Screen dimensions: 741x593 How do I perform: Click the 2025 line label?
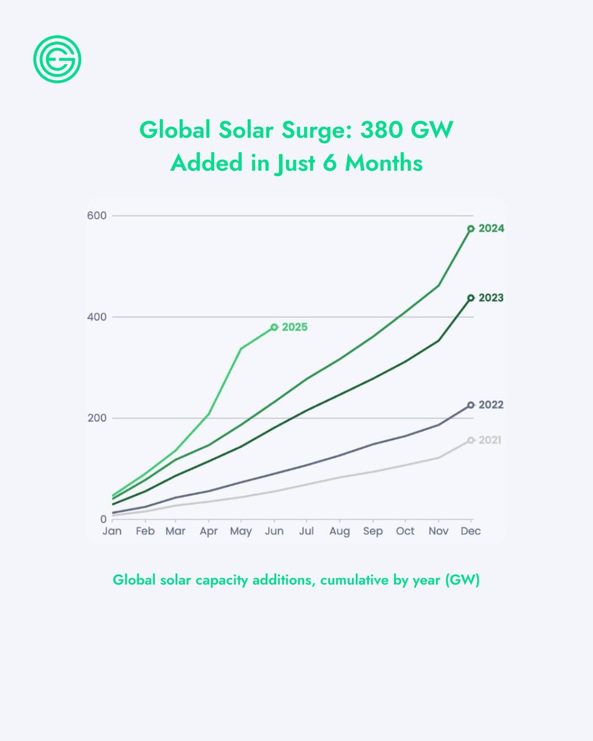[x=295, y=328]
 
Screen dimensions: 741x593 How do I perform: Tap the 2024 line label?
[x=492, y=228]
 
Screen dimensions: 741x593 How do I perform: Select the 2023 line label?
[x=492, y=298]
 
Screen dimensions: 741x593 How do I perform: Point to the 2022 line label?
[x=492, y=405]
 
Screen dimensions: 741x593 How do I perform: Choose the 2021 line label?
[x=490, y=440]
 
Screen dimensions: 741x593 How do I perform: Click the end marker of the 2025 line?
[x=274, y=327]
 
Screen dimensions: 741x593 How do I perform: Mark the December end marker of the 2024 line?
[x=471, y=228]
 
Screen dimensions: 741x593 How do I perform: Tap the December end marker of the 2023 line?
[x=471, y=298]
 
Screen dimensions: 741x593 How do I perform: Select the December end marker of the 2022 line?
[x=471, y=405]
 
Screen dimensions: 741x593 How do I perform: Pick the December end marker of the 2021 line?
[x=471, y=440]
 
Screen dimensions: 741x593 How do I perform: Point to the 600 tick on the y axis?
[x=98, y=216]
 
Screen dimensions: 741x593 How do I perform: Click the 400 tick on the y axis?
[x=98, y=317]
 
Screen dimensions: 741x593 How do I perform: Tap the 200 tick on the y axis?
[x=98, y=418]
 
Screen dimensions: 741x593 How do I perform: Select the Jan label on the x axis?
[x=112, y=532]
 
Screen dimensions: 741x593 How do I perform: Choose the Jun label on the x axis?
[x=274, y=532]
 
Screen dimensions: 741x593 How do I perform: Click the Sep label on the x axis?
[x=372, y=532]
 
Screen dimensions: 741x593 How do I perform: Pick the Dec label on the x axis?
[x=471, y=532]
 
